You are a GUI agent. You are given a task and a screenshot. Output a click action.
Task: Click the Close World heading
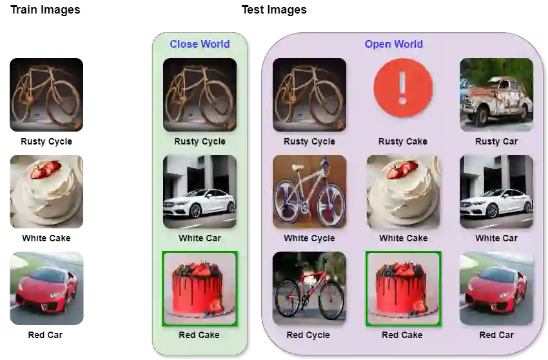click(x=199, y=45)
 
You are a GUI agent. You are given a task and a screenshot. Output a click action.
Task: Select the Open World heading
click(x=393, y=45)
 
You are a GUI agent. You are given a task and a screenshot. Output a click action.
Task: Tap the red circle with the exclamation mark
click(x=403, y=88)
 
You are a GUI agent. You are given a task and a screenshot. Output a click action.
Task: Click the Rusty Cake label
click(x=403, y=141)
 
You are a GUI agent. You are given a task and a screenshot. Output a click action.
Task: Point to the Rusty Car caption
click(x=496, y=141)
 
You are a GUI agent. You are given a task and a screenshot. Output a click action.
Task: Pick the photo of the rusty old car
click(x=496, y=94)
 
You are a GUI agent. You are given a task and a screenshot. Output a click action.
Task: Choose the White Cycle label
click(x=309, y=238)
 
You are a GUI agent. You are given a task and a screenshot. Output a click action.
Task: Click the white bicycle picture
click(x=309, y=192)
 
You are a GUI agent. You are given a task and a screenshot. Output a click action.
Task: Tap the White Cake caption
click(x=403, y=238)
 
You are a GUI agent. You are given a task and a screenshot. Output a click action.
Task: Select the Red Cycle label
click(x=308, y=335)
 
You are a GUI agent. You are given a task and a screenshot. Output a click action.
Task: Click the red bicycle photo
click(x=309, y=288)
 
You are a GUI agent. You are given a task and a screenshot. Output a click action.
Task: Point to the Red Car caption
click(x=496, y=335)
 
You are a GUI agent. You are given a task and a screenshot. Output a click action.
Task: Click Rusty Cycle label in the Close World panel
click(x=200, y=141)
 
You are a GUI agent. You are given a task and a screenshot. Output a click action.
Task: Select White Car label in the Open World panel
click(x=496, y=238)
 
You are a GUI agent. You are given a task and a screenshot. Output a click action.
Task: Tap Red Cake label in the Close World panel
click(x=199, y=335)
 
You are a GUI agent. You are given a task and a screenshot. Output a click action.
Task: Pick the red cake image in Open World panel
click(x=403, y=288)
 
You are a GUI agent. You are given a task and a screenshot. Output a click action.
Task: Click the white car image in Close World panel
click(x=200, y=192)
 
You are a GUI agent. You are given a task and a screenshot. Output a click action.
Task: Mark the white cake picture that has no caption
click(x=46, y=192)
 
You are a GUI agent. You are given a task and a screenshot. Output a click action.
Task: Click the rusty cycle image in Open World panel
click(x=309, y=94)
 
